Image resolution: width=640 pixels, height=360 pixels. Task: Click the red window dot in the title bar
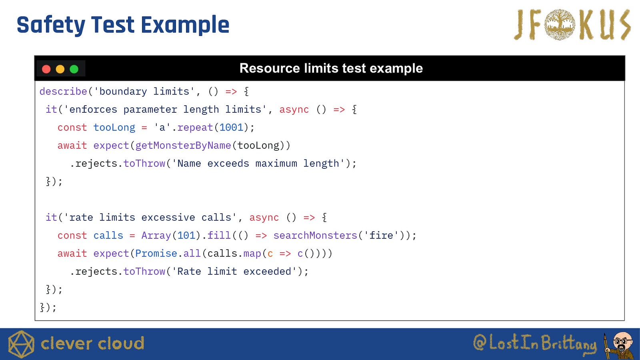(46, 69)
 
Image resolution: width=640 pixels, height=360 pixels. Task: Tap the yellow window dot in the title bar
(60, 69)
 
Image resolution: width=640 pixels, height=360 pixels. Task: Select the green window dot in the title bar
(74, 69)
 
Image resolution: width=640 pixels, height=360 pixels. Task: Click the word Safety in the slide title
(51, 26)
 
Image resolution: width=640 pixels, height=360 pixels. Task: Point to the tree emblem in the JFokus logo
(560, 24)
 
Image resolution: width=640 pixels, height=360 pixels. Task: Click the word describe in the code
(63, 92)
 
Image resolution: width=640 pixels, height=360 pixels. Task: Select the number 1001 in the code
(231, 128)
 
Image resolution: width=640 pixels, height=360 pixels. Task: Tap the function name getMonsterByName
(183, 146)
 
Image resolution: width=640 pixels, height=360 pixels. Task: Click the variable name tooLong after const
(114, 128)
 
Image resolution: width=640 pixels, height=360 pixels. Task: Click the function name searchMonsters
(316, 236)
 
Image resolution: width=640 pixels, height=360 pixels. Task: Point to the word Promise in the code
(156, 254)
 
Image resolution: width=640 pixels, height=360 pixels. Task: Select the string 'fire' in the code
(381, 236)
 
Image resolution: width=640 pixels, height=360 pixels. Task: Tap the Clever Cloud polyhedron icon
(21, 344)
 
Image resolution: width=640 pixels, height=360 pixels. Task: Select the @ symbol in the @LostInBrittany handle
(480, 342)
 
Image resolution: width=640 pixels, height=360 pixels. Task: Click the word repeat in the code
(195, 128)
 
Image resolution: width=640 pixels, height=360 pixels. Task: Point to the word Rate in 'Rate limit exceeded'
(189, 272)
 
